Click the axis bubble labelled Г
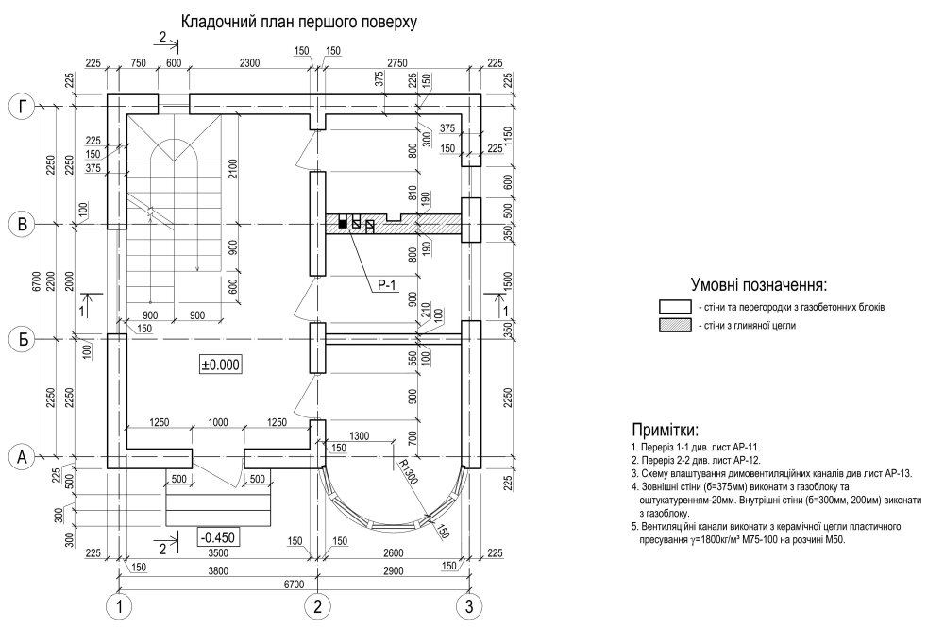(x=22, y=107)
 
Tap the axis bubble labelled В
(x=22, y=225)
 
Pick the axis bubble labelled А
(x=22, y=457)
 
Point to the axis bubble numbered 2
(x=318, y=605)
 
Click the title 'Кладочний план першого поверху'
(x=299, y=20)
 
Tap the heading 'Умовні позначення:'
(x=759, y=284)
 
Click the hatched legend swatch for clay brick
(x=675, y=325)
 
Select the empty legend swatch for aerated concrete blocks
(x=675, y=307)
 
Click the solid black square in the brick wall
(x=343, y=224)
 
